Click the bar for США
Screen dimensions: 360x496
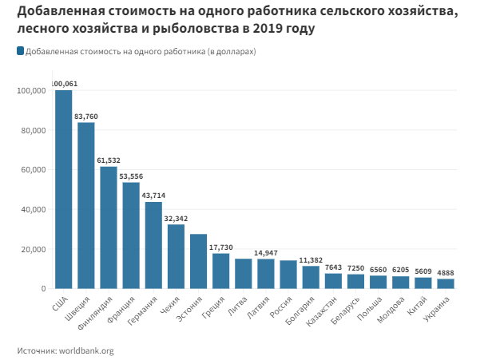[x=63, y=189]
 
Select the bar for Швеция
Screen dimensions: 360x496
[x=85, y=205]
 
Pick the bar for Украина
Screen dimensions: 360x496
[x=446, y=283]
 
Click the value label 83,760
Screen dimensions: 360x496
[x=85, y=117]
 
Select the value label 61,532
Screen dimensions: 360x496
[x=108, y=160]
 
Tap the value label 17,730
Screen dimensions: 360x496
[x=220, y=247]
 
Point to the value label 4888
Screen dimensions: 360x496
[x=446, y=272]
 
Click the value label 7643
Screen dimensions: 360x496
[x=333, y=267]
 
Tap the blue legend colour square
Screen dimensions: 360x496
[x=20, y=51]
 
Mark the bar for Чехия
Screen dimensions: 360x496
[x=176, y=256]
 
